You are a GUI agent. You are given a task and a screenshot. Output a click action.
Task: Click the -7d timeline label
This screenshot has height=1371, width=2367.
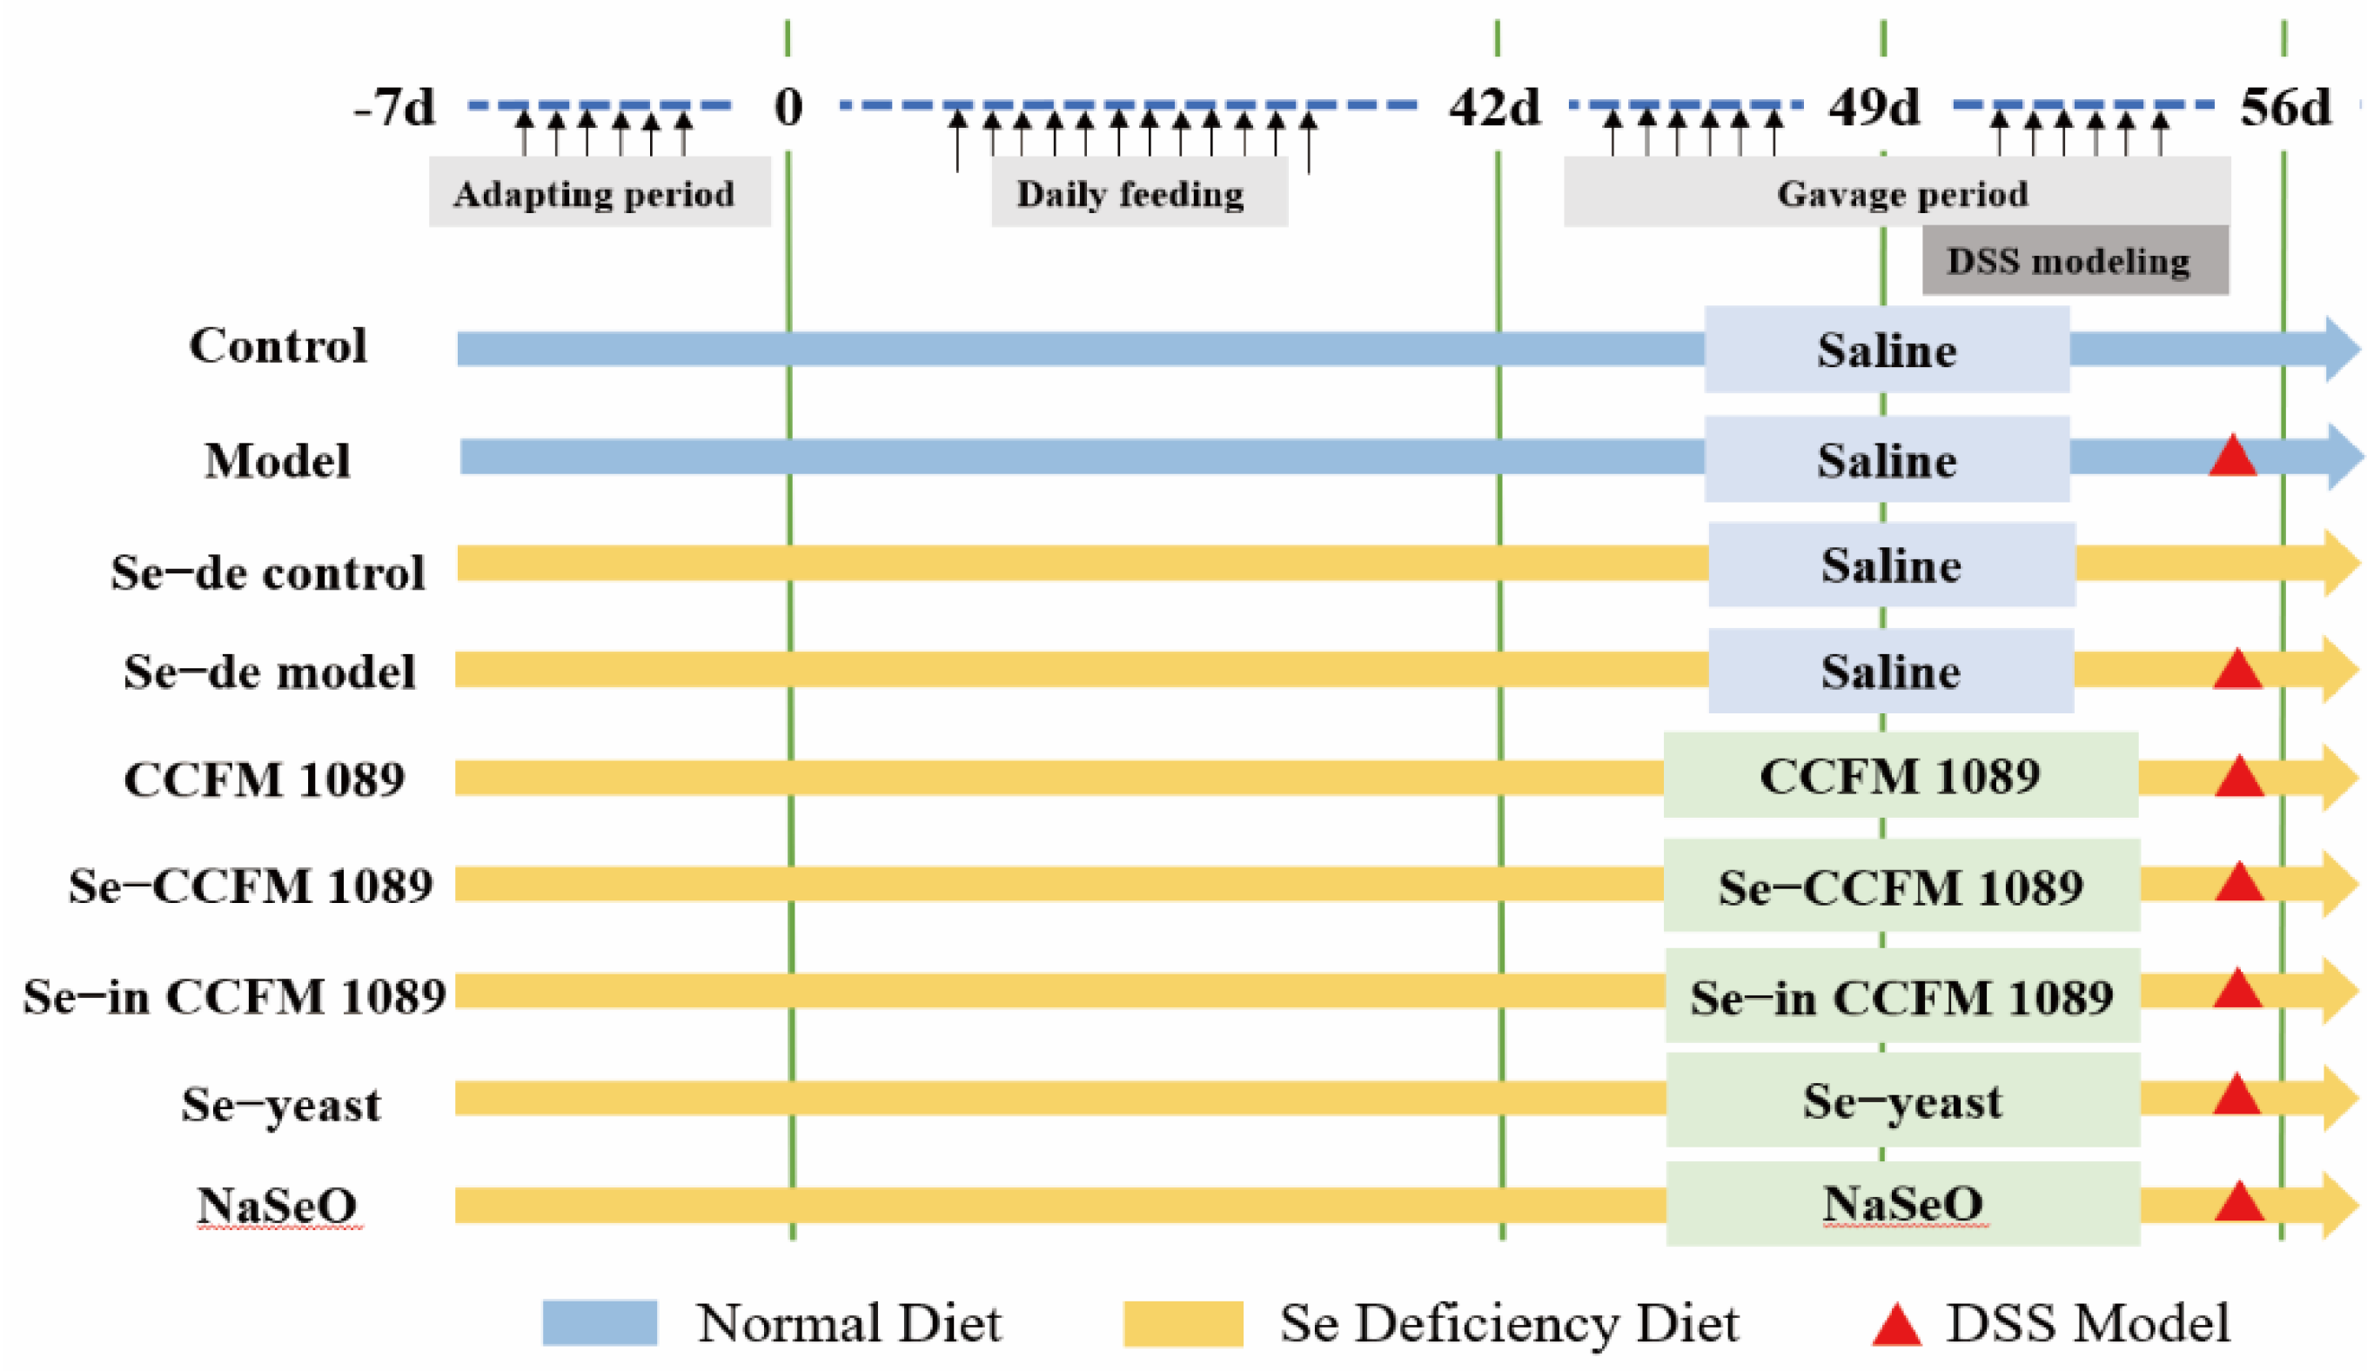tap(394, 107)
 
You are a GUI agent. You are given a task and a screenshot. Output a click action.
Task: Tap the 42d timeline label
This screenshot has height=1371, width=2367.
tap(1494, 107)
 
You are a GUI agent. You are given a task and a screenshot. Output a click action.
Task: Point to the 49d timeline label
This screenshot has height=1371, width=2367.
tap(1874, 107)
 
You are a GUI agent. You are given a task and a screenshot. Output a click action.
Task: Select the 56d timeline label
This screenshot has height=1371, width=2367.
tap(2285, 107)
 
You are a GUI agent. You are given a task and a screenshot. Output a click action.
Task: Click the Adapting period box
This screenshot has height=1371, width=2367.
tap(600, 191)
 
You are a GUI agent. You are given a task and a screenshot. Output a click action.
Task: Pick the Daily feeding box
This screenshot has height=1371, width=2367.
tap(1138, 191)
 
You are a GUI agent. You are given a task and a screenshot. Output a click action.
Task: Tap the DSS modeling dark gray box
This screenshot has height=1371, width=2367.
tap(2075, 260)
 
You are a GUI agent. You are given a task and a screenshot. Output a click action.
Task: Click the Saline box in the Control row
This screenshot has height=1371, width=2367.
tap(1886, 350)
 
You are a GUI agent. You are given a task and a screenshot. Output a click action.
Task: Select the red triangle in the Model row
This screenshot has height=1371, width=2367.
tap(2232, 457)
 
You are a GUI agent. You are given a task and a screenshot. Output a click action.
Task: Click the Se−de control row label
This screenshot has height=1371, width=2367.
tap(268, 572)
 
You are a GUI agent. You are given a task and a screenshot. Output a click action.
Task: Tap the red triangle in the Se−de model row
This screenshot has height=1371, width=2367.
tap(2236, 670)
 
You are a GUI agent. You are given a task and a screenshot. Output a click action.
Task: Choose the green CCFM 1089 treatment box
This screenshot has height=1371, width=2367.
tap(1901, 776)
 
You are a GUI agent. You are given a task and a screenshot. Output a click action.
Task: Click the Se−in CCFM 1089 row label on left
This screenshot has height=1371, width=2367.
tap(234, 996)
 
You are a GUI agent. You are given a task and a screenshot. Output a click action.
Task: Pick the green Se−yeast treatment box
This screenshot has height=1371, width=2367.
tap(1902, 1100)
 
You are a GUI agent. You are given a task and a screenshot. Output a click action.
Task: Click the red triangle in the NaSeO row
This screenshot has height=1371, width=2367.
tap(2238, 1202)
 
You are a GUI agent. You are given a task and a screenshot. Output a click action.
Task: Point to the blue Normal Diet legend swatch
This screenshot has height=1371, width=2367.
tap(600, 1322)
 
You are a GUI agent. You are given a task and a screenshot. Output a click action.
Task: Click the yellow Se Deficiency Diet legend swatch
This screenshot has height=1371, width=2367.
tap(1182, 1322)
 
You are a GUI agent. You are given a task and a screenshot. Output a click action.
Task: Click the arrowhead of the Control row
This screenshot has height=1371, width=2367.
tap(2342, 350)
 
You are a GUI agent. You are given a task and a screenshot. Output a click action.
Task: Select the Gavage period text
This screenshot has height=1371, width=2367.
tap(1902, 193)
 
